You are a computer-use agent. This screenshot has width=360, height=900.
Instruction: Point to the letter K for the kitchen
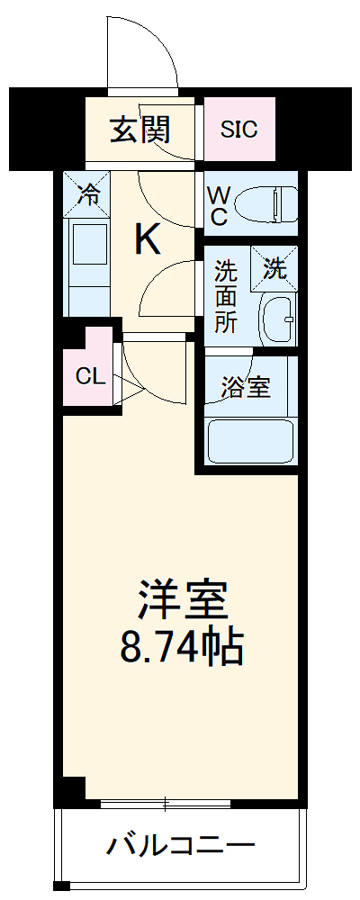(x=148, y=239)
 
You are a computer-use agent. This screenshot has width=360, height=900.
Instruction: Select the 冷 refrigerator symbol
(x=87, y=193)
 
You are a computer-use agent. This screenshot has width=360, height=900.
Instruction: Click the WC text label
(x=219, y=206)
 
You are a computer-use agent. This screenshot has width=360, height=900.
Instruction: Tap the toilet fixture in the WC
(x=265, y=202)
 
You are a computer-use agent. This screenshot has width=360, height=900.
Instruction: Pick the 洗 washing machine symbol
(x=274, y=267)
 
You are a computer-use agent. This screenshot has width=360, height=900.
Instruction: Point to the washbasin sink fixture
(x=277, y=319)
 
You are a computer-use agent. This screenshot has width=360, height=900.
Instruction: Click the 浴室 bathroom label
(x=246, y=388)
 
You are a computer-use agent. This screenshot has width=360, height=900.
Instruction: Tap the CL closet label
(x=90, y=376)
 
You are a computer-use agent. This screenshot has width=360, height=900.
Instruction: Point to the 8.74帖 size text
(x=182, y=644)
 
